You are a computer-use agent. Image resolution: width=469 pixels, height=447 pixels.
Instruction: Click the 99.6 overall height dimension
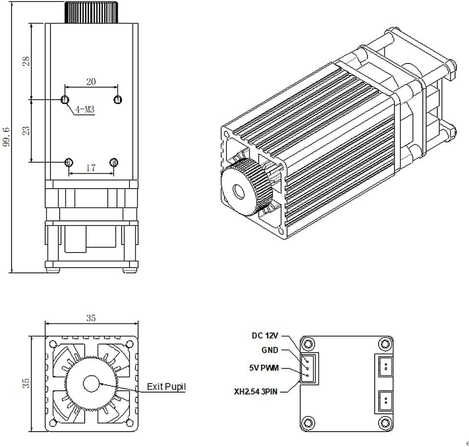click(x=6, y=137)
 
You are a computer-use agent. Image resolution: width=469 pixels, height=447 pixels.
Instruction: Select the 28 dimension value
click(x=26, y=61)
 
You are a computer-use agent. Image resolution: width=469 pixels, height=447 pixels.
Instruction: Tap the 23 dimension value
click(x=26, y=130)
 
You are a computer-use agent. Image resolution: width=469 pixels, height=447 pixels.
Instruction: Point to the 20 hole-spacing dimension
click(x=91, y=82)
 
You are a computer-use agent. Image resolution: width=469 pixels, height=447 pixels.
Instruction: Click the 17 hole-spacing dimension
click(x=91, y=168)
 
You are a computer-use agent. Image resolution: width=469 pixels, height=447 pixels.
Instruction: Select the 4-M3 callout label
click(x=84, y=110)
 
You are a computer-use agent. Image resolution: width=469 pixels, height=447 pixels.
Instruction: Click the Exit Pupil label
click(x=166, y=386)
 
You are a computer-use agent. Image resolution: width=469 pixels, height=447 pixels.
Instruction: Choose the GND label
click(x=270, y=351)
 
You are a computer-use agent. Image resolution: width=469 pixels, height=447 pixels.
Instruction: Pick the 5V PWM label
click(x=264, y=369)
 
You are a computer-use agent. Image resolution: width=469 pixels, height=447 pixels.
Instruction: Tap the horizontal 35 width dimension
click(x=91, y=318)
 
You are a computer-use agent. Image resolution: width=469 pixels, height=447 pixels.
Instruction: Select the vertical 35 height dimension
click(x=26, y=383)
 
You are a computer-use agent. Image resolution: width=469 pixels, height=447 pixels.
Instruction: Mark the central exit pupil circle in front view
click(x=90, y=383)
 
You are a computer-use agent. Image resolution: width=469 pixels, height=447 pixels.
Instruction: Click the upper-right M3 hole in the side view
click(x=117, y=100)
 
